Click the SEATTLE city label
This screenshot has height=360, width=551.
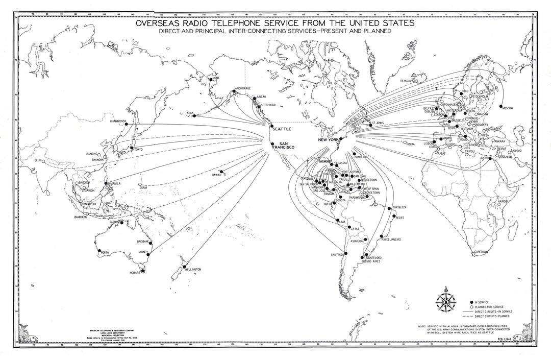(x=282, y=129)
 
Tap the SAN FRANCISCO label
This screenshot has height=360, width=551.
(x=280, y=146)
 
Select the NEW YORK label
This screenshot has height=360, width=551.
(x=329, y=140)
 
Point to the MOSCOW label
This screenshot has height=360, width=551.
(x=507, y=108)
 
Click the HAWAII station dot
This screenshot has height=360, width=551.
(x=222, y=172)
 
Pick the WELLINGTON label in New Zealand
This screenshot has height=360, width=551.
(x=193, y=269)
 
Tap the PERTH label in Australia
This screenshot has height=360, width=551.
(x=105, y=253)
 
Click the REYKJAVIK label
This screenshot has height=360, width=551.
(x=406, y=81)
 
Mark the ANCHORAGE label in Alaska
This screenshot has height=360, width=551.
(x=242, y=88)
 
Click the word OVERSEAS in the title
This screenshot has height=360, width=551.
(x=162, y=23)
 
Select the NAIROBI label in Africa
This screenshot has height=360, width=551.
(x=503, y=201)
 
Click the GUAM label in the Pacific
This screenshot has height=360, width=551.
(x=143, y=188)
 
